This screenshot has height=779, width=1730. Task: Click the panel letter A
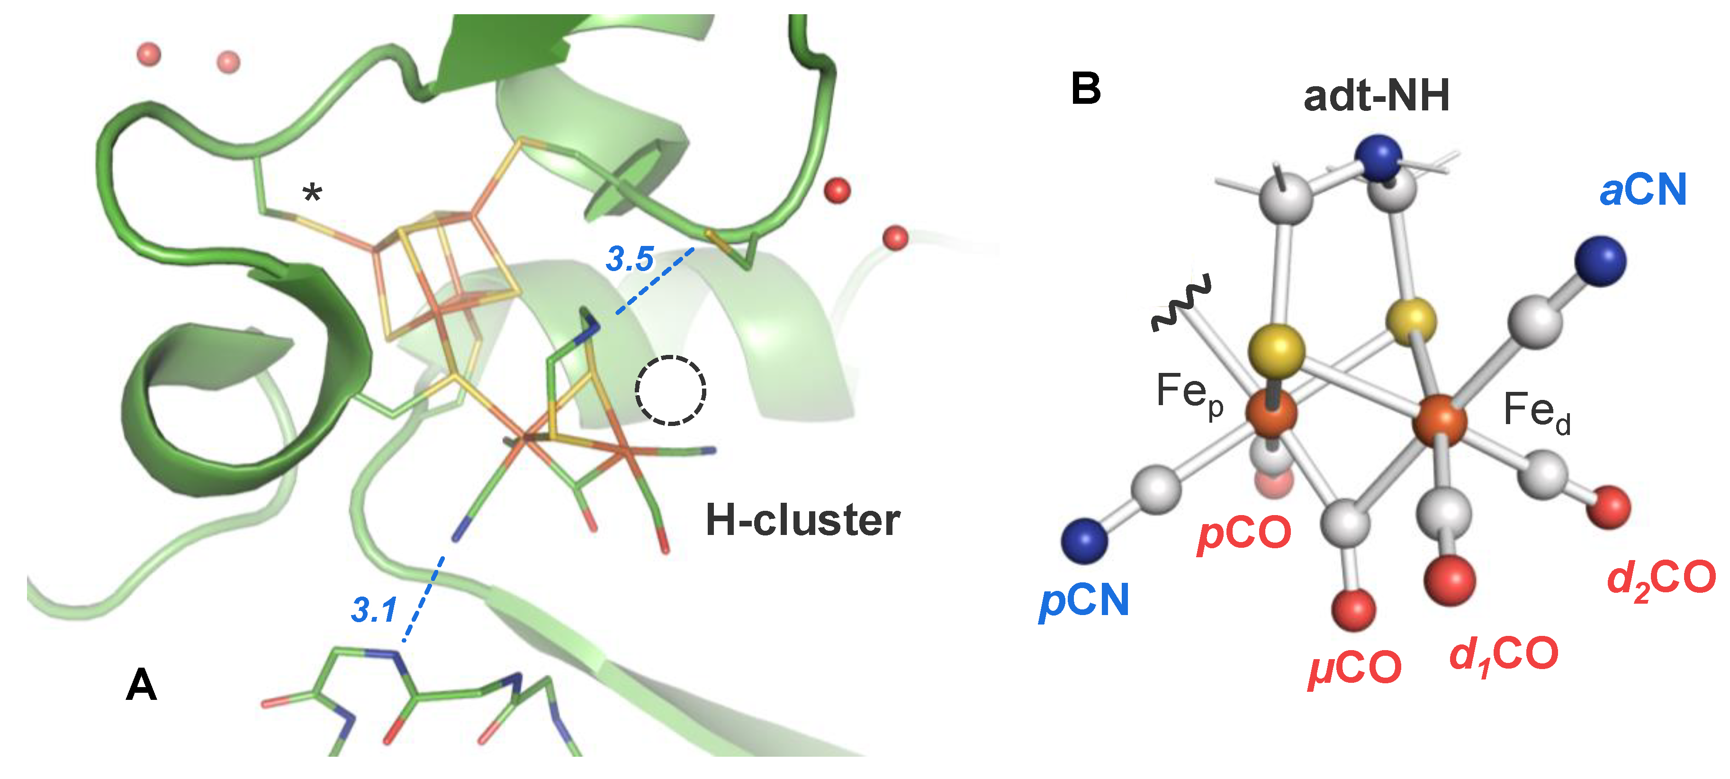[141, 685]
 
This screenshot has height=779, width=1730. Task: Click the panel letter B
[1085, 89]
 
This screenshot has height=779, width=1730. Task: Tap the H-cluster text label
[802, 520]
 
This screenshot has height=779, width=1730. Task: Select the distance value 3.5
[629, 259]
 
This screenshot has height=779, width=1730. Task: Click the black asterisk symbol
[312, 195]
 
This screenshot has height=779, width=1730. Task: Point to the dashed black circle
[670, 390]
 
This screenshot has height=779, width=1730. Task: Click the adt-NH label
[1376, 96]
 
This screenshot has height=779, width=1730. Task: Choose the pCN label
[1084, 600]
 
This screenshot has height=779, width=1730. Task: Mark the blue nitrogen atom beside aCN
[1600, 261]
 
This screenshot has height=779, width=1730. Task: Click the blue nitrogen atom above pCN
[1084, 541]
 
